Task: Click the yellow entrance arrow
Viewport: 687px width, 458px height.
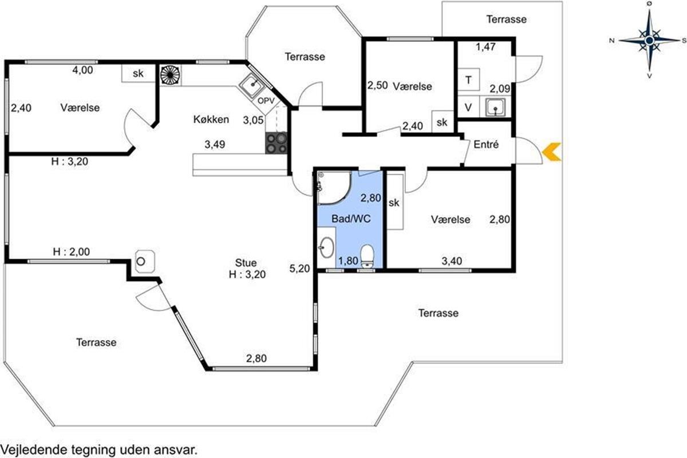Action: [x=551, y=152]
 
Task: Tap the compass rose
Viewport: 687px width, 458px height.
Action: [x=649, y=40]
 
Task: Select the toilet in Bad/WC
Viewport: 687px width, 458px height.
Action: [x=367, y=256]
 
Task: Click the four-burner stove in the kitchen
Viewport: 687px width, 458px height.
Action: [x=276, y=143]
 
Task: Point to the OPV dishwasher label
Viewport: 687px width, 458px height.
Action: [x=266, y=101]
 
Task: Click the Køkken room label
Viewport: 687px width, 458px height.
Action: [x=211, y=119]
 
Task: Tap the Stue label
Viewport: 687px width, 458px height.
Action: [x=246, y=263]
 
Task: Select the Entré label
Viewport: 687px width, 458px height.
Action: [x=486, y=144]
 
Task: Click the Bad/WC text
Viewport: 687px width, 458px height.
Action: [x=351, y=219]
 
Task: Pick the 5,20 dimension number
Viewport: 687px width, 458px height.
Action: [x=299, y=269]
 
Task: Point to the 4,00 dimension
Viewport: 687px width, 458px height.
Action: [x=82, y=70]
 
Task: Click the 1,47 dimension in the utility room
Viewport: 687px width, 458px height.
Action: [x=485, y=47]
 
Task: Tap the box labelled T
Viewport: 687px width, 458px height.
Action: [x=468, y=80]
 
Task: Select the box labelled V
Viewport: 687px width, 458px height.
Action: [x=468, y=106]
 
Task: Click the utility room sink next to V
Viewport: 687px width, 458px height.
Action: [x=495, y=107]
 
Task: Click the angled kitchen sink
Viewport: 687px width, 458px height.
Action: [x=252, y=85]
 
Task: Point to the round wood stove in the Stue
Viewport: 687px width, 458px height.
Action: [x=145, y=262]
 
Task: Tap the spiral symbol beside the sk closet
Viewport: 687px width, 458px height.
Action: [x=170, y=75]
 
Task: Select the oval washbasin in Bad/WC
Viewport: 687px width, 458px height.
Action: [x=326, y=247]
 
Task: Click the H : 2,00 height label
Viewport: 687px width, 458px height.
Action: [x=71, y=252]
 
